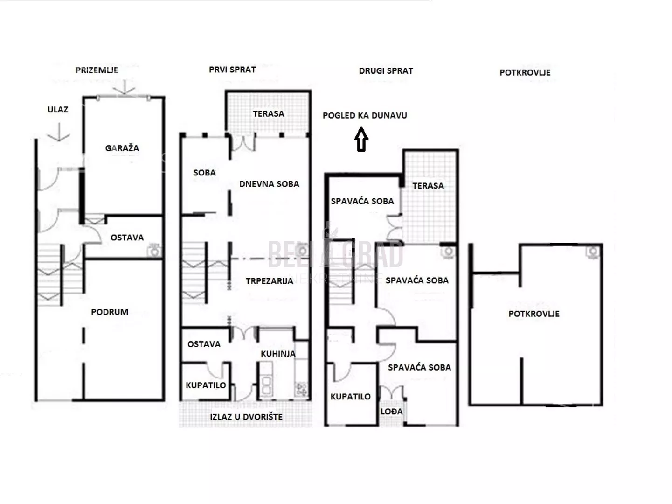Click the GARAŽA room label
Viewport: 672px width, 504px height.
coord(122,148)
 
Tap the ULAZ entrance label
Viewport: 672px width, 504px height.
coord(58,109)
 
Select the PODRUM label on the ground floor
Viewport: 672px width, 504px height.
coord(110,312)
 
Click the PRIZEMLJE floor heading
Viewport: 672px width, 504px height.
coord(97,70)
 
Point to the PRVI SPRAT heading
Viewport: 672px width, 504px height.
coord(232,70)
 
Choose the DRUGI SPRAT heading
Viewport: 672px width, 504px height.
coord(386,71)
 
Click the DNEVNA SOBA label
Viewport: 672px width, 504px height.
coord(269,184)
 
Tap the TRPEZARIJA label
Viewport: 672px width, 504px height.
coord(270,281)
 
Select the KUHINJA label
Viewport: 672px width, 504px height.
coord(278,354)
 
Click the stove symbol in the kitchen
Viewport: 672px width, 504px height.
coord(301,389)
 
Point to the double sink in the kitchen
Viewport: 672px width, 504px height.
coord(266,385)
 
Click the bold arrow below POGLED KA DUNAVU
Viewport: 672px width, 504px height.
coord(361,140)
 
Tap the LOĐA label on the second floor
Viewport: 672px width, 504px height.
coord(392,412)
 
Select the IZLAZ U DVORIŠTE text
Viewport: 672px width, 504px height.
coord(246,417)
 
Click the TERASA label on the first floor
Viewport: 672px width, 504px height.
coord(269,114)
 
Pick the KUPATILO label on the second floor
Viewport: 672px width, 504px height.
coord(351,397)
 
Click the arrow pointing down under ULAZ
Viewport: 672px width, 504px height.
coord(58,132)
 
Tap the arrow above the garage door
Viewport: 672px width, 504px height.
coord(124,87)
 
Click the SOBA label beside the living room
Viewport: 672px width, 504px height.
coord(205,173)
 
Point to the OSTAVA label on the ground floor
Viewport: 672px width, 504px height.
coord(127,238)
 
